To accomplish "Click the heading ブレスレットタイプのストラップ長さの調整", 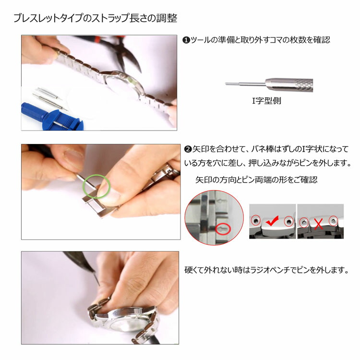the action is pyautogui.click(x=96, y=18).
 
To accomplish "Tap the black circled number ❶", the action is pyautogui.click(x=186, y=40).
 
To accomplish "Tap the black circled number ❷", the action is pyautogui.click(x=188, y=149).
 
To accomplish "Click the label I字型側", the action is pyautogui.click(x=266, y=101).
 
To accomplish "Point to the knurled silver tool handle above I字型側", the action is pyautogui.click(x=289, y=84).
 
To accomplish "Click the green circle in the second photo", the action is pyautogui.click(x=96, y=186).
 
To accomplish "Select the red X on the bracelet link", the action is pyautogui.click(x=318, y=224).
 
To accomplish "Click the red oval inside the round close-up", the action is pyautogui.click(x=223, y=229).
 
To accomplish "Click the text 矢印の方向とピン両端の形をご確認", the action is pyautogui.click(x=256, y=180).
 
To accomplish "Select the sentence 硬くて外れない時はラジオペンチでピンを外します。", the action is pyautogui.click(x=267, y=270).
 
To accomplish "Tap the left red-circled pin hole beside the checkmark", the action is pyautogui.click(x=256, y=221).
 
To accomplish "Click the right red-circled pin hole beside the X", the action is pyautogui.click(x=334, y=221).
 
